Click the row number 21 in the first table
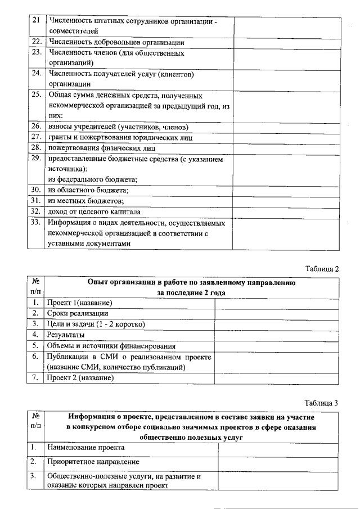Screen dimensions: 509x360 click(35, 21)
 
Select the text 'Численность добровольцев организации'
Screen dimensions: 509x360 click(117, 42)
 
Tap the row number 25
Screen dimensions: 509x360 click(35, 95)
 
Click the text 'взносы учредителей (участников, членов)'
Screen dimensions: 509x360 click(118, 127)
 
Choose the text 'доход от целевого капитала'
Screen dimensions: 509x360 click(94, 211)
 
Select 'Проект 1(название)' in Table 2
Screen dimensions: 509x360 click(84, 303)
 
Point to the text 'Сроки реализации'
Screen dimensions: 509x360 click(78, 314)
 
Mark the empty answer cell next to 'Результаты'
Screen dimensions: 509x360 click(276, 335)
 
